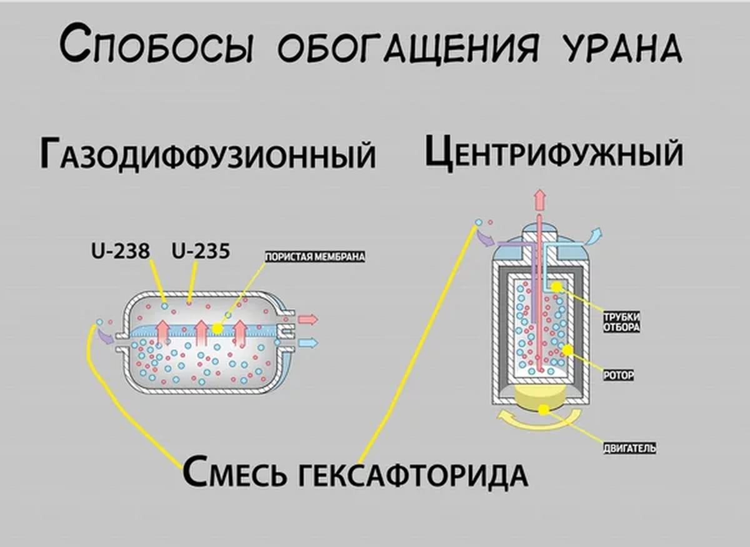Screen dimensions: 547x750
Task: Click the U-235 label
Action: click(201, 252)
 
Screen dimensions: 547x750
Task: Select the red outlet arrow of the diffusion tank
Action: click(307, 319)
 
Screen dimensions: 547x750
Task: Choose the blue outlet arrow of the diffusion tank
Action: click(307, 342)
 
